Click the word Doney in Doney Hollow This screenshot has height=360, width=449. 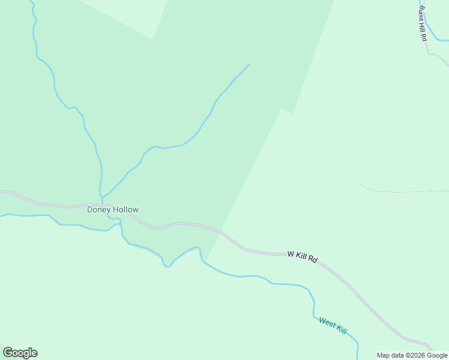coord(98,209)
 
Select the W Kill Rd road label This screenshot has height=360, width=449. coord(302,256)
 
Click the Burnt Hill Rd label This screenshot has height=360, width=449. coord(423,23)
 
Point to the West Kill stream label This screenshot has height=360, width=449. coord(333,326)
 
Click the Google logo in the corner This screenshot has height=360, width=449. coord(20,353)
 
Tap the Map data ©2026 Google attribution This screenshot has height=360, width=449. coord(412,355)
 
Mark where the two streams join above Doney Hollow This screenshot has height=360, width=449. coord(101,196)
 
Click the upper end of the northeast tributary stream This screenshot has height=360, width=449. coord(249,64)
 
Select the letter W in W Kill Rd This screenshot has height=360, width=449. coord(291,254)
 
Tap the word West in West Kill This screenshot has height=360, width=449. coord(327,323)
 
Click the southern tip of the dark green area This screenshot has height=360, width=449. coord(206,261)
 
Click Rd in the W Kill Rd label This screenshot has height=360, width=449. coord(313,259)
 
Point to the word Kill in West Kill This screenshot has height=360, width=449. coord(341,329)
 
